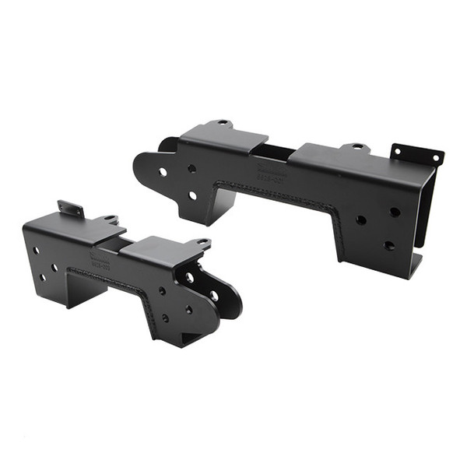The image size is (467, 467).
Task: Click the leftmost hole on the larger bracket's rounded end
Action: pyautogui.click(x=162, y=171)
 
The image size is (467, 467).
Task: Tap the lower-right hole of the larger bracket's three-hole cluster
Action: pyautogui.click(x=388, y=245)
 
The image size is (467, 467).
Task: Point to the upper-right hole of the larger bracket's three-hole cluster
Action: pyautogui.click(x=395, y=212)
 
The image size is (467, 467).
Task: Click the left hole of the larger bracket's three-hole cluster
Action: pyautogui.click(x=360, y=220)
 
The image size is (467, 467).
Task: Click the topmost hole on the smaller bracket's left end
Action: pyautogui.click(x=36, y=251)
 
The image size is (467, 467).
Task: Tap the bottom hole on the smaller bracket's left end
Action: pyautogui.click(x=43, y=277)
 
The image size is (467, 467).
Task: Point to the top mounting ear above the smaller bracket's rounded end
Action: pyautogui.click(x=201, y=244)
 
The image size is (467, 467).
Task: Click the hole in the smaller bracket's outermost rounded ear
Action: pyautogui.click(x=213, y=296)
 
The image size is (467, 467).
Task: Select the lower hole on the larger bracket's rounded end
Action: pyautogui.click(x=192, y=195)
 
